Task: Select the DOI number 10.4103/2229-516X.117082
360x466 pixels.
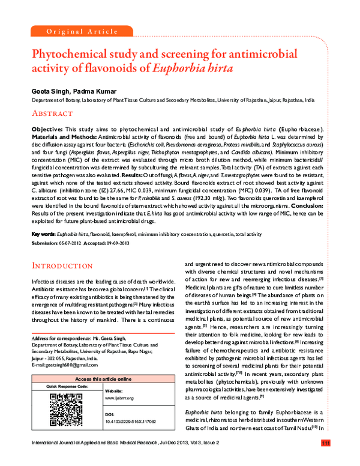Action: (142, 422)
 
